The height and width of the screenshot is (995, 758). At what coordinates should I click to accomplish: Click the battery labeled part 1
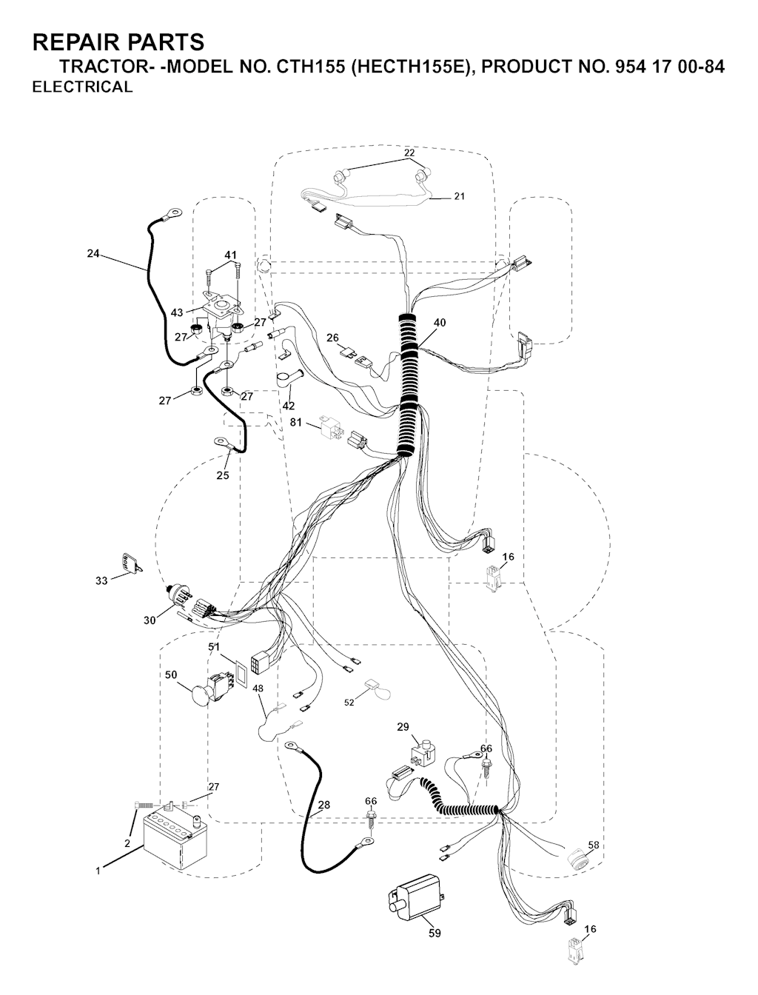[x=175, y=841]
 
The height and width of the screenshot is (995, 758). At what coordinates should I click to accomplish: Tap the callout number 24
[x=93, y=253]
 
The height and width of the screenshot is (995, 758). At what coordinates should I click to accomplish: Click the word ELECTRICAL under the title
[x=82, y=87]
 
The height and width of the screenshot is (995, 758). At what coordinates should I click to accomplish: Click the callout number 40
[x=440, y=322]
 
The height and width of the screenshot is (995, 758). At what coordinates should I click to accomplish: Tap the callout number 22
[x=409, y=153]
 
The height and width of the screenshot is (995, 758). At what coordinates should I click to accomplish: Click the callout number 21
[x=460, y=196]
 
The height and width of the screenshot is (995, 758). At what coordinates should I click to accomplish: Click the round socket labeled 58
[x=580, y=858]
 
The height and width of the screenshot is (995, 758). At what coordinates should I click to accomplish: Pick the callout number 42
[x=289, y=405]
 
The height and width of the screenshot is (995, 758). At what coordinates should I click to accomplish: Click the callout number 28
[x=324, y=805]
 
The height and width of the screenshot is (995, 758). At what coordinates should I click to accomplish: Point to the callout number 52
[x=349, y=702]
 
